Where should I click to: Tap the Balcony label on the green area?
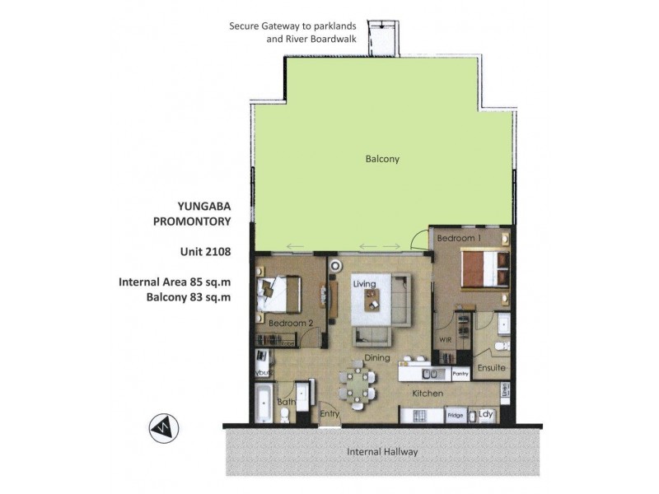point(381,159)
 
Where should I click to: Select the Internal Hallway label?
point(381,451)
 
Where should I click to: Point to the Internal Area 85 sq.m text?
point(175,282)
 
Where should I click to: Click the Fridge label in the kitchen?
point(456,416)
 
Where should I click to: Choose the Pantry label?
point(460,374)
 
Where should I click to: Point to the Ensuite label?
point(492,368)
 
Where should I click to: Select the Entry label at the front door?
point(329,414)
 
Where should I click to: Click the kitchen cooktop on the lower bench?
point(420,416)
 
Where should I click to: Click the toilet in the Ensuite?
point(502,346)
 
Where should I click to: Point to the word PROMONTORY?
point(191,221)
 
